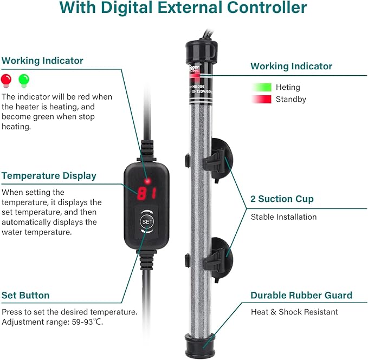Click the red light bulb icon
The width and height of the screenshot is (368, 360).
pos(7,80)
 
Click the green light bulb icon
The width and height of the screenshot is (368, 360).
pos(23,80)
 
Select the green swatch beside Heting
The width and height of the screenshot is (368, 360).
pos(262,87)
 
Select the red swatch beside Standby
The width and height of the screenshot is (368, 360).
pos(262,100)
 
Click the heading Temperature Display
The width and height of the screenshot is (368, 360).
pos(49,176)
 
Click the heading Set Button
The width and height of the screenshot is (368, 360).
pos(25,296)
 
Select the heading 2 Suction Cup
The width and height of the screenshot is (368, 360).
pos(282,199)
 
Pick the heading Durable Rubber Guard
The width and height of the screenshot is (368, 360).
pos(301,296)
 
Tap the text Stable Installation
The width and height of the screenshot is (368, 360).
pos(283,217)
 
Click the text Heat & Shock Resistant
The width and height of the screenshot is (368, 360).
pos(294,312)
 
